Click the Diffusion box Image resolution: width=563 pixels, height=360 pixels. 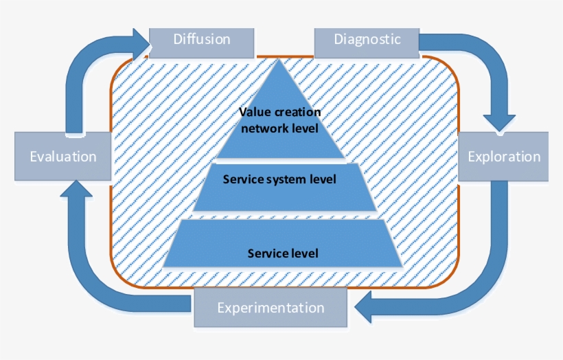(x=201, y=39)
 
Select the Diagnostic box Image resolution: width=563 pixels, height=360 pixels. (x=367, y=39)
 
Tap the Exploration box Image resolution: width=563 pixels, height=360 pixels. (x=503, y=157)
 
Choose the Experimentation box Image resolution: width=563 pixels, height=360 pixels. (x=271, y=307)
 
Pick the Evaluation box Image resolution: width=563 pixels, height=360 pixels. (x=62, y=157)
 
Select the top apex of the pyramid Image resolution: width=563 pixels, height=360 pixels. (x=279, y=62)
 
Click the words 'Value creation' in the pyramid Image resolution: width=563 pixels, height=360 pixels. (x=279, y=113)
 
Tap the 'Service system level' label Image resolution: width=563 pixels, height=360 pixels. (x=279, y=180)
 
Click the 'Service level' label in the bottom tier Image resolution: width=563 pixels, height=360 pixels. (x=283, y=253)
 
